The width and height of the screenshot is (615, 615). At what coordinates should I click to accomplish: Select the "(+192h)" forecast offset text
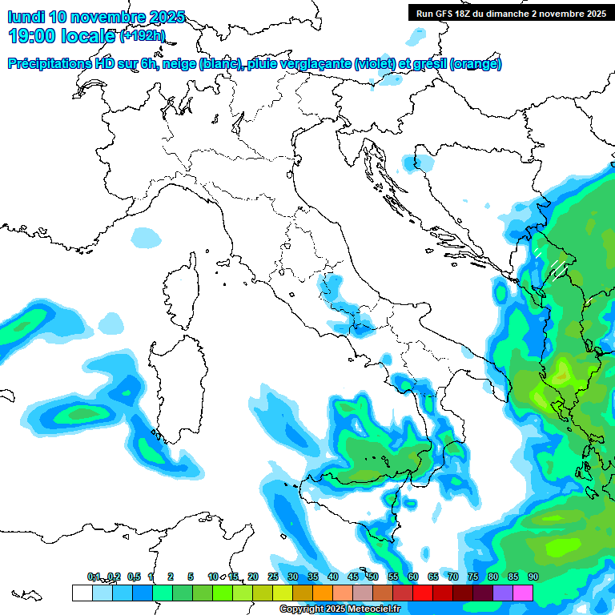coord(142,35)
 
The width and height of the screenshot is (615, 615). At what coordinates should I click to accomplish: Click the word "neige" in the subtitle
coord(177,64)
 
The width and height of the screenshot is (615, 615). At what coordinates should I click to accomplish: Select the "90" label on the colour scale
coord(533,577)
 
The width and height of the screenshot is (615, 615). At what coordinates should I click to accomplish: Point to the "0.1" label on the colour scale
coord(94,577)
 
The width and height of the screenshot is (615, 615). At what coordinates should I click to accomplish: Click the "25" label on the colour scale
coord(273,577)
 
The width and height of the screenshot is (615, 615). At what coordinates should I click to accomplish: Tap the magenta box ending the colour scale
coord(523,593)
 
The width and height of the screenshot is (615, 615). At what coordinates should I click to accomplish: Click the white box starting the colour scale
coord(82,593)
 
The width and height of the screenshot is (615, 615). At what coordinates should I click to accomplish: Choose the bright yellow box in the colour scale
coord(282,593)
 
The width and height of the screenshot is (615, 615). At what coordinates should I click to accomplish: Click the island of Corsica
coord(181,291)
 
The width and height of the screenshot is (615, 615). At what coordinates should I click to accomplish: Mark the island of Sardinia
coord(175,384)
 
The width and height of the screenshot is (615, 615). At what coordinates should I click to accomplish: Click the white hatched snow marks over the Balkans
coord(551,264)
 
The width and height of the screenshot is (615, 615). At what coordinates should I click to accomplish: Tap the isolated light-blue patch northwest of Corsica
coord(146,237)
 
